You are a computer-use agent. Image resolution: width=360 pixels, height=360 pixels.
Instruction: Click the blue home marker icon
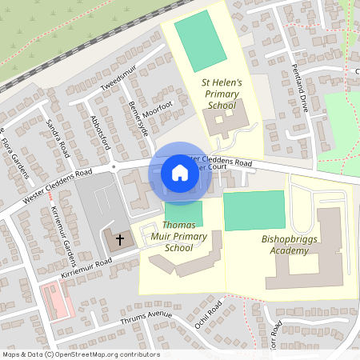(x=180, y=173)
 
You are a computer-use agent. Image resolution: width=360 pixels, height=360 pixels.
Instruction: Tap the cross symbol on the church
(x=121, y=239)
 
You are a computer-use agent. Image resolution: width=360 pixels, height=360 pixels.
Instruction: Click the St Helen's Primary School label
(x=222, y=94)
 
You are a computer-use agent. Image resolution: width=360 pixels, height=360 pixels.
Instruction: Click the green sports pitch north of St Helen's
(x=200, y=41)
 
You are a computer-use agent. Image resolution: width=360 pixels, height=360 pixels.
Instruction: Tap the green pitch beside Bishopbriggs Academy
(x=254, y=211)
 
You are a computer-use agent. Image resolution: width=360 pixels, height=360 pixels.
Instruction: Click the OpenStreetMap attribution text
(x=81, y=354)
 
